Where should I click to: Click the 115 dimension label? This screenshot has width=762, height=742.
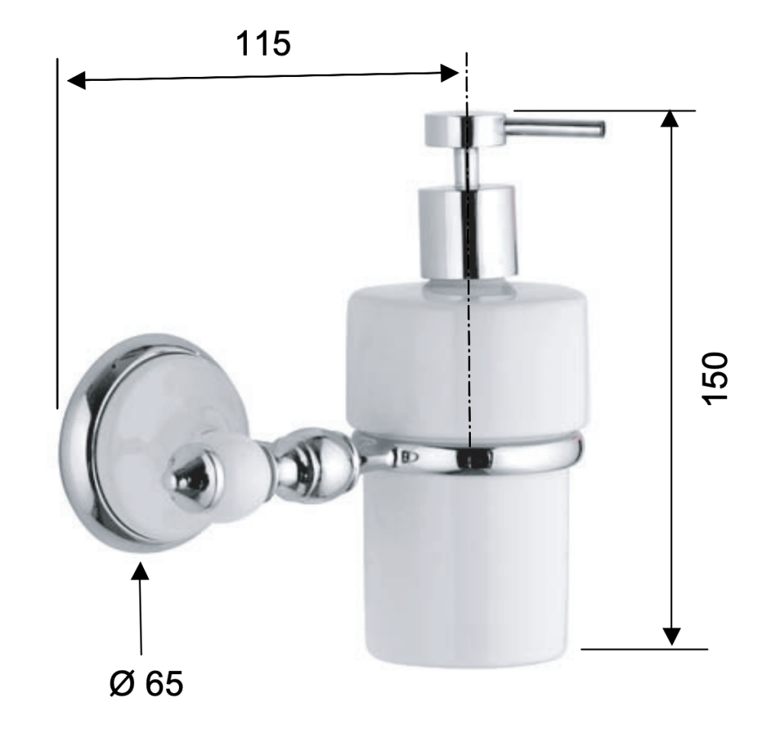[x=264, y=43]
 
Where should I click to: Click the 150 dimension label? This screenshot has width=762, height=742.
[x=716, y=377]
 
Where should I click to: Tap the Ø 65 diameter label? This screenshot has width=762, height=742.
[x=146, y=683]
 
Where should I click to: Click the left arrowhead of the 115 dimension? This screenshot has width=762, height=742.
[x=76, y=80]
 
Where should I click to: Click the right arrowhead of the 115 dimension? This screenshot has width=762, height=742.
[x=450, y=73]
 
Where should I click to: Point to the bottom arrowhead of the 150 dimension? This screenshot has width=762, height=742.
[x=671, y=637]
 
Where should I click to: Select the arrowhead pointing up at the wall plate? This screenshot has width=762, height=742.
[x=140, y=571]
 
